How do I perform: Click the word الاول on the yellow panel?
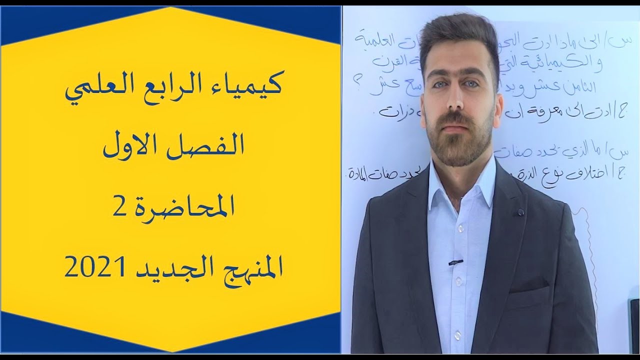tap(131, 145)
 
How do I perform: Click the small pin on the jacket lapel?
tap(520, 212)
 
